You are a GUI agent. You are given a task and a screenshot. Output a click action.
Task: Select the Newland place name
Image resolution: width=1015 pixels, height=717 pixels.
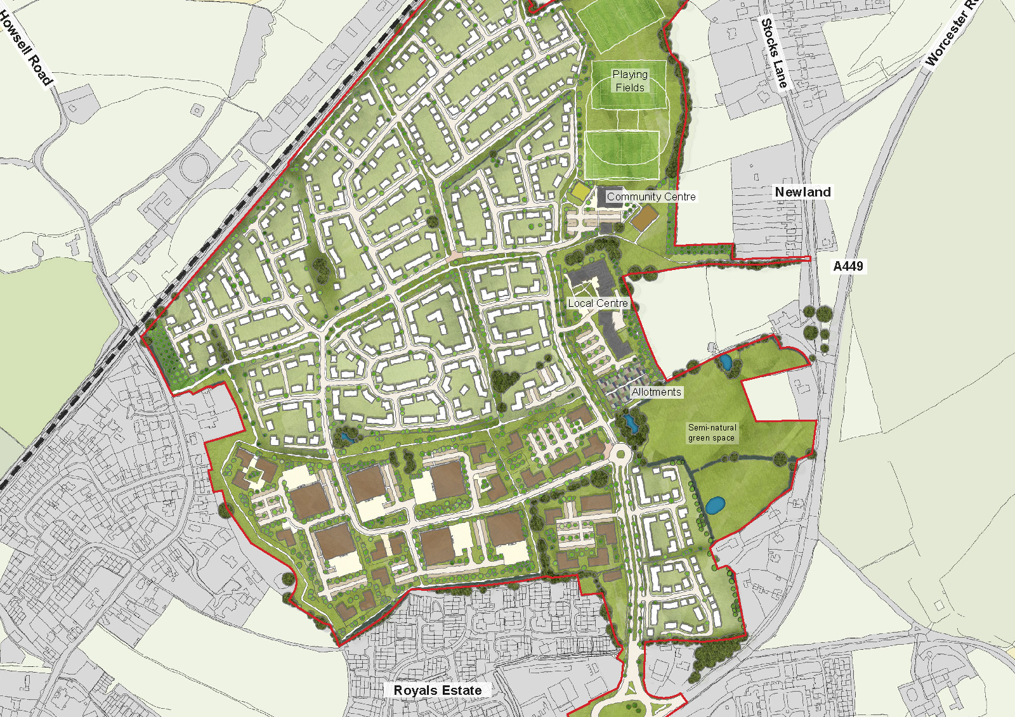click(802, 192)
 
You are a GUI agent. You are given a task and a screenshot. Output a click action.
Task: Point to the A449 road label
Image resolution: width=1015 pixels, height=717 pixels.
click(848, 266)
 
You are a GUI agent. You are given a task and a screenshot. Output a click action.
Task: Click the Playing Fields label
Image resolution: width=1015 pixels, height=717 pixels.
click(630, 81)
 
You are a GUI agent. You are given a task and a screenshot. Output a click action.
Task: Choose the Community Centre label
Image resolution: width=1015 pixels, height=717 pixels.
click(651, 197)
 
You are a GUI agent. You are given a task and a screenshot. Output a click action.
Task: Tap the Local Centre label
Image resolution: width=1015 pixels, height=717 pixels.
click(598, 304)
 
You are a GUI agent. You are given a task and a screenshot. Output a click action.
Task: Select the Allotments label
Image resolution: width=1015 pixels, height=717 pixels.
click(656, 392)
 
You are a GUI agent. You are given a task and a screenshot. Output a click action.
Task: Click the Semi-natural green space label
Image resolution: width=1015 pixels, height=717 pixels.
click(712, 433)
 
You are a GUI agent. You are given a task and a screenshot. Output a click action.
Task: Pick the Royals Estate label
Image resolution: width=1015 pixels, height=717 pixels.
click(438, 690)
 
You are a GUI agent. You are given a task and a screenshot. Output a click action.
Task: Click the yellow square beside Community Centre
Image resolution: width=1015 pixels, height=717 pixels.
click(580, 191)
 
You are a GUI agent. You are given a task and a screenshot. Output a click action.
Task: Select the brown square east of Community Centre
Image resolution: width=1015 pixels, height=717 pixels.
click(644, 219)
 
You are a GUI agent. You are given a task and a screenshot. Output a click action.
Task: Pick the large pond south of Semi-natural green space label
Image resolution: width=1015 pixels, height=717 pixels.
click(715, 505)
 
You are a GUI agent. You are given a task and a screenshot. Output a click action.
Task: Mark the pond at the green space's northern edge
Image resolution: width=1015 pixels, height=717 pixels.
click(725, 363)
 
